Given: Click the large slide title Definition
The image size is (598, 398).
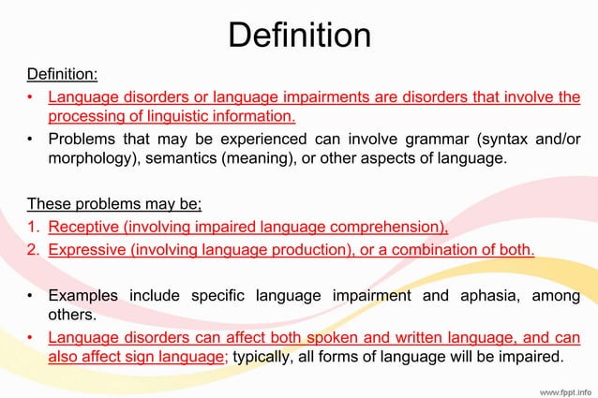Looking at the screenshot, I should pos(299,36).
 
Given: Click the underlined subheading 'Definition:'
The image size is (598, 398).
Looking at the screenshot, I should pos(62,74).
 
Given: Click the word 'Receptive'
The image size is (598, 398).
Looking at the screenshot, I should pos(85,226).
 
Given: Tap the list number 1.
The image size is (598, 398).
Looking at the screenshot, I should pos(32,226).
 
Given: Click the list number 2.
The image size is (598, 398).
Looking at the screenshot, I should pos(32,249).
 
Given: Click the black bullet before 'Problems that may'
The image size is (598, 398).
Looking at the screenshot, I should pos(32,140).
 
